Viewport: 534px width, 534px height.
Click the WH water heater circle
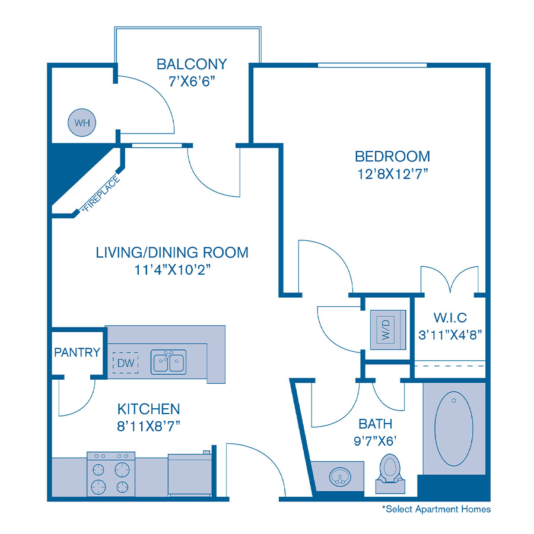tap(82, 123)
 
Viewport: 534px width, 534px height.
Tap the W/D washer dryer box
tap(386, 328)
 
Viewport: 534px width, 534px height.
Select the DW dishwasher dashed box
tap(125, 362)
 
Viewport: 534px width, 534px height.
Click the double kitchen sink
tap(169, 361)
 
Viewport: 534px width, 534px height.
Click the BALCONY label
tap(192, 63)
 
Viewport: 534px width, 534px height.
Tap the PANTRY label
tap(77, 352)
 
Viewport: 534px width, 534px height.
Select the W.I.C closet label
tap(449, 318)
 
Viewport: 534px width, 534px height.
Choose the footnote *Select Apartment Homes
tap(436, 509)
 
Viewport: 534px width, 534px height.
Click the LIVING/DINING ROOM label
tap(172, 252)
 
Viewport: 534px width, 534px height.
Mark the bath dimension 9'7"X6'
tap(376, 441)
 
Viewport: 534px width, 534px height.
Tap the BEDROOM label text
tap(392, 157)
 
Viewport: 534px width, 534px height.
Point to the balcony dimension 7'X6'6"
tap(192, 81)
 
